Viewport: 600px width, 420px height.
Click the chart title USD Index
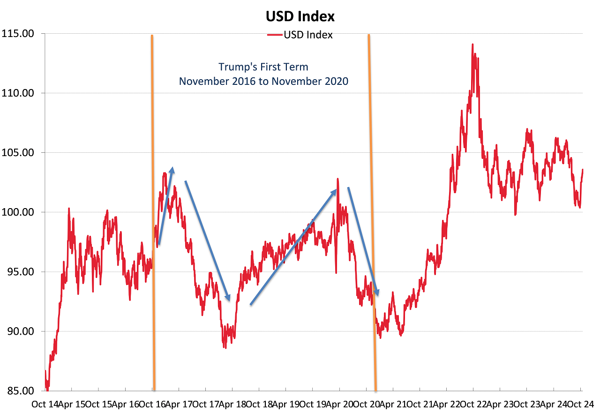coord(300,16)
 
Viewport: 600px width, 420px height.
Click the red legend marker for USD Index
coord(275,35)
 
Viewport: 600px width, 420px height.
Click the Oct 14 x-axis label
coord(45,405)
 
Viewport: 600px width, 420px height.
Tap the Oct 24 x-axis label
coord(581,405)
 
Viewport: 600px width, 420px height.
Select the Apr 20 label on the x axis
coord(339,405)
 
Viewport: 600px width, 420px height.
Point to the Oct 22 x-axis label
coord(473,405)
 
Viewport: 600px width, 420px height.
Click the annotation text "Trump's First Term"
coord(263,67)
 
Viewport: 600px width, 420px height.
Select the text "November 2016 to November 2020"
coord(263,81)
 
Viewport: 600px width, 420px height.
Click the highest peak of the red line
coord(472,45)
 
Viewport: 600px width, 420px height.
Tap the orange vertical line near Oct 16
coord(153,211)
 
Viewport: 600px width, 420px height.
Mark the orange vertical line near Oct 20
coord(372,211)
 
